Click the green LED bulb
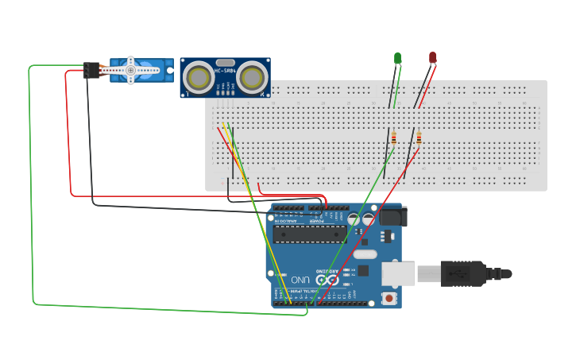coord(398,58)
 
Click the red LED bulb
coord(432,57)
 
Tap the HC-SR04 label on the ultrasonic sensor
coord(225,61)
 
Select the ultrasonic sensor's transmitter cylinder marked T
coord(197,77)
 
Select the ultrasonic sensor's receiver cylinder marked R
coord(253,77)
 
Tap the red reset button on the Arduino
coord(389,298)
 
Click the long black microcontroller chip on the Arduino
coord(310,233)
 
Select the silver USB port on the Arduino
coord(399,273)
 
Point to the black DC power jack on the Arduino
coord(392,216)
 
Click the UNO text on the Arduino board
coord(300,280)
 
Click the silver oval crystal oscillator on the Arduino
coord(364,254)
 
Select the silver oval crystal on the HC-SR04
coord(225,62)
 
